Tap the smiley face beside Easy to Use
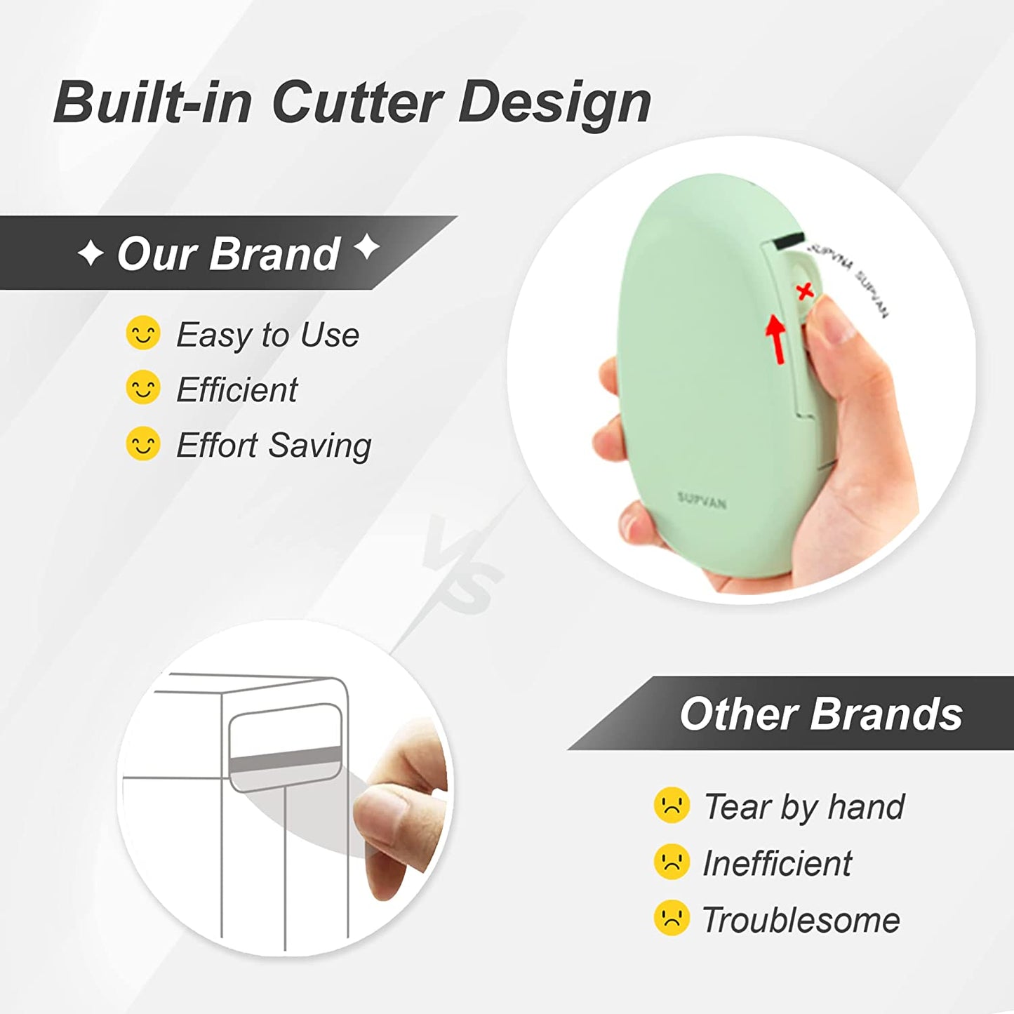[x=143, y=333]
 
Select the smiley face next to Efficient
[x=143, y=388]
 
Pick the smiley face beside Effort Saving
[x=143, y=443]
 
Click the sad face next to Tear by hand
[x=672, y=805]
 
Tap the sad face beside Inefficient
[x=672, y=862]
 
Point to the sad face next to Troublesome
[x=672, y=918]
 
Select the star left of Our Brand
[x=91, y=253]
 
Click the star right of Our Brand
[x=366, y=247]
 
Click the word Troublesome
[x=801, y=920]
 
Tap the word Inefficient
[x=777, y=863]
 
